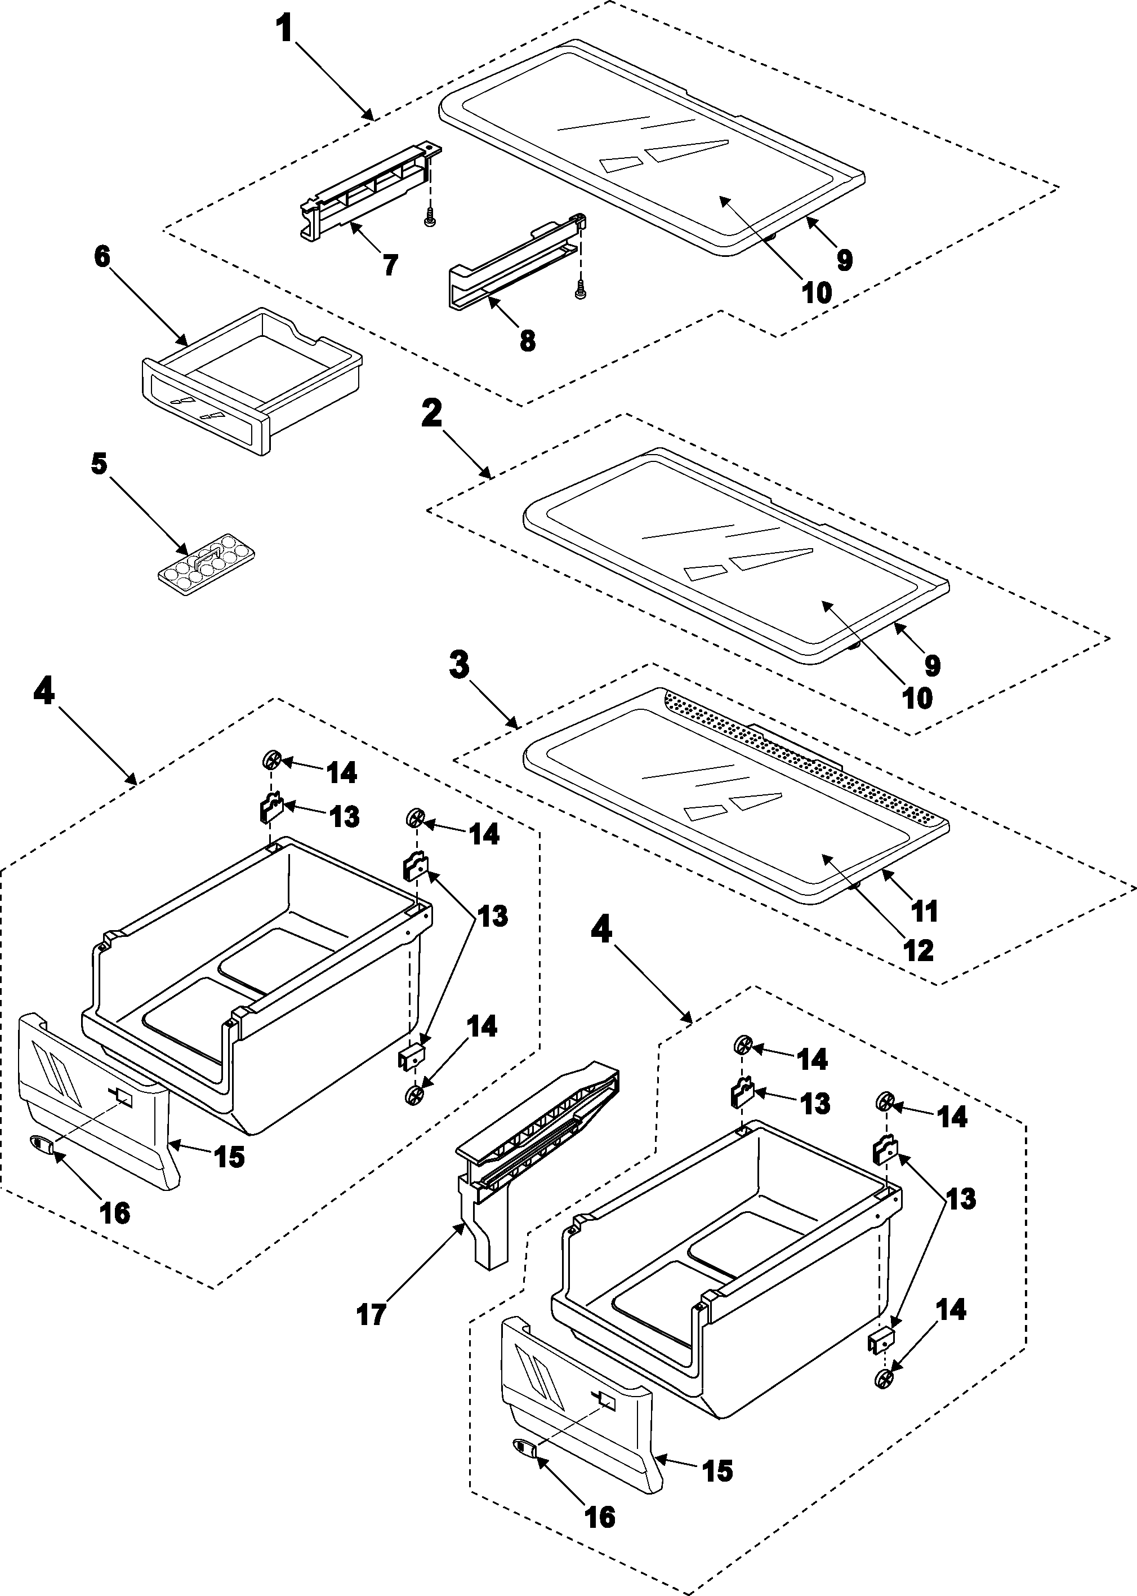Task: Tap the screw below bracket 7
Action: point(430,220)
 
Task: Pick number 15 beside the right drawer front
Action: point(717,1470)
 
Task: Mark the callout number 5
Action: point(99,463)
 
